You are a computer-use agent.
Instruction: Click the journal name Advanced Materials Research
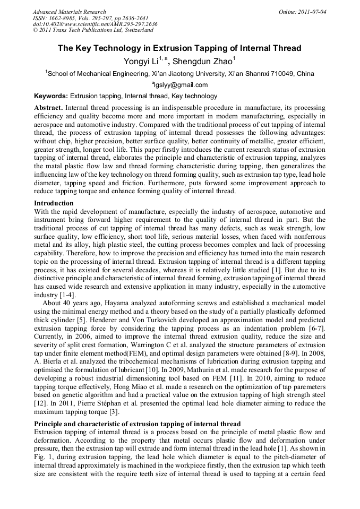69,12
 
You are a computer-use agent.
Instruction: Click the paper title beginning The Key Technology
179,48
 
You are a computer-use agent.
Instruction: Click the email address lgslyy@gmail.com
181,85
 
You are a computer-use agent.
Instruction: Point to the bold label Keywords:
51,96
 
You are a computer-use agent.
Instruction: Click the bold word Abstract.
48,108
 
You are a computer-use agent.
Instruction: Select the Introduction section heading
54,203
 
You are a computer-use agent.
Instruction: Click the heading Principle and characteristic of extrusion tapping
138,424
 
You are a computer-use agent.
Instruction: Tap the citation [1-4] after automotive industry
66,295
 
